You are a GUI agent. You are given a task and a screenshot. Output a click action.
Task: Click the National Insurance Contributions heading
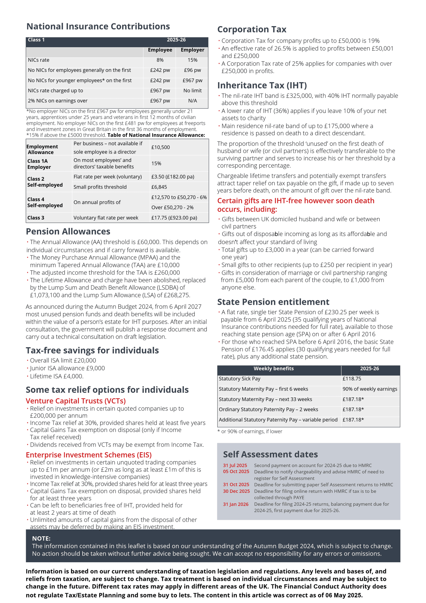(x=98, y=26)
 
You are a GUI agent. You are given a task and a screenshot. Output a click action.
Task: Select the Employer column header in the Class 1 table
(x=192, y=50)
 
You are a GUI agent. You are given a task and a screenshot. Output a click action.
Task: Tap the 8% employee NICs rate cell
(x=160, y=60)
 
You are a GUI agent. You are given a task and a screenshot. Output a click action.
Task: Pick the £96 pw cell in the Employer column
(x=192, y=70)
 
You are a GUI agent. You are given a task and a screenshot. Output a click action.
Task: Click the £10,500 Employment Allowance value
(x=161, y=147)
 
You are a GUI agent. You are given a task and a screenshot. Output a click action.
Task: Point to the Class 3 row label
(x=36, y=218)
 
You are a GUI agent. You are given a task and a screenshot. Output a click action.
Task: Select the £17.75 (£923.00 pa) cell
(x=174, y=218)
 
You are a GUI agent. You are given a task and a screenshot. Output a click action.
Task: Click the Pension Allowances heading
(x=68, y=231)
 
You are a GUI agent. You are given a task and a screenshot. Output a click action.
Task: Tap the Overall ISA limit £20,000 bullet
(x=63, y=360)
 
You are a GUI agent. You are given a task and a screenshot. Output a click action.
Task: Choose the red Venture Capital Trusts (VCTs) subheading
(x=76, y=401)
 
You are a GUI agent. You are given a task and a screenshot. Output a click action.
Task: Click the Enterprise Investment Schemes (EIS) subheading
(x=89, y=455)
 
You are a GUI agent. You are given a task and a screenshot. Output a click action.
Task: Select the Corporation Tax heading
(x=252, y=29)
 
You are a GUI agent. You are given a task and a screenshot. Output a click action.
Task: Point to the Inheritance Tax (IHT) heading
(x=262, y=85)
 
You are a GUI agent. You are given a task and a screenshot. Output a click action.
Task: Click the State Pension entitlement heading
(x=273, y=302)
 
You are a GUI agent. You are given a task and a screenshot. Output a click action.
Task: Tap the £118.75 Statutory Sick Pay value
(x=351, y=379)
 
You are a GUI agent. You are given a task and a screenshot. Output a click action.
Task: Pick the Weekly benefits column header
(x=273, y=369)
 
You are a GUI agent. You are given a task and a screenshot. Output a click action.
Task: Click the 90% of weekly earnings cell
(x=370, y=389)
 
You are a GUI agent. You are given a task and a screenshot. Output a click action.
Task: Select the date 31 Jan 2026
(x=236, y=504)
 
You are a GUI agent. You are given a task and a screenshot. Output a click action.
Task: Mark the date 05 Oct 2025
(x=236, y=471)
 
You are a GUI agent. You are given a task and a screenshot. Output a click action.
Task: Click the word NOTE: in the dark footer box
(x=41, y=538)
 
